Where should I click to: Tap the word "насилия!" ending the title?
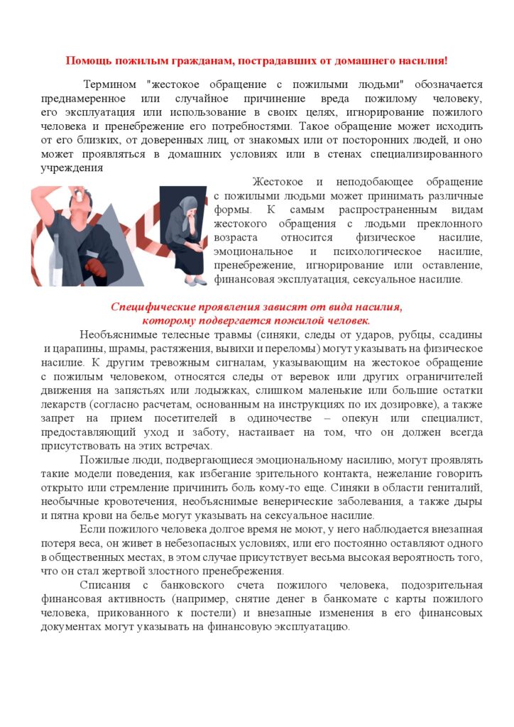click(x=424, y=60)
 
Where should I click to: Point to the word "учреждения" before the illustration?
click(x=72, y=168)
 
